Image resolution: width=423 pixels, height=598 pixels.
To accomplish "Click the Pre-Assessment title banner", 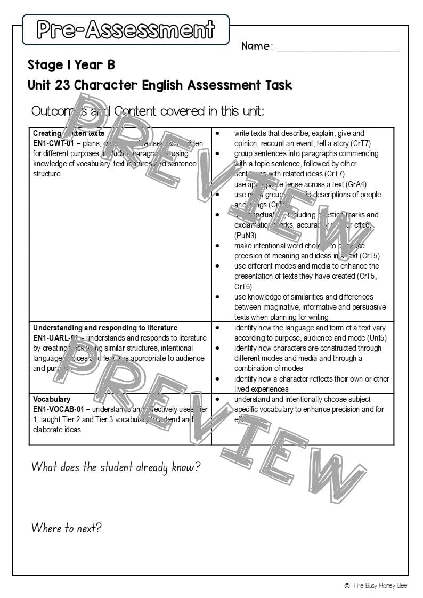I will coord(126,30).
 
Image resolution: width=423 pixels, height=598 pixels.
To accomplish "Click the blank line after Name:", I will coord(338,47).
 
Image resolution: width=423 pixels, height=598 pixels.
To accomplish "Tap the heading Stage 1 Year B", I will coord(71,65).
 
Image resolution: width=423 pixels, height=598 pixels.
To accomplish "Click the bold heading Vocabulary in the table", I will coord(52,399).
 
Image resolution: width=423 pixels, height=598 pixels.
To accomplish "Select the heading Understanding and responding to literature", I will coord(105,328).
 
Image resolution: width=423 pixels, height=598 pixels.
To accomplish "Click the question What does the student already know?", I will coord(116,467).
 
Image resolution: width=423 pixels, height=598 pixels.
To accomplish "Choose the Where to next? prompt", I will coord(66,528).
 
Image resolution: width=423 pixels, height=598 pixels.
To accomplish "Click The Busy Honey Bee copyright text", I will coord(380,585).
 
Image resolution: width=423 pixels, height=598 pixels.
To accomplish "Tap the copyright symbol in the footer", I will coord(347,585).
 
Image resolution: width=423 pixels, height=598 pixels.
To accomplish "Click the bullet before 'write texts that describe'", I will coord(217,133).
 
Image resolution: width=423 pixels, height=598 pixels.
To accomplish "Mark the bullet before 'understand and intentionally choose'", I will coord(217,399).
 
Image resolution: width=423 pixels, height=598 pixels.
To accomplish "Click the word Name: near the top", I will coord(257,46).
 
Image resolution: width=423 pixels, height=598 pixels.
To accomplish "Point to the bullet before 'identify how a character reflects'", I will coord(217,379).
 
